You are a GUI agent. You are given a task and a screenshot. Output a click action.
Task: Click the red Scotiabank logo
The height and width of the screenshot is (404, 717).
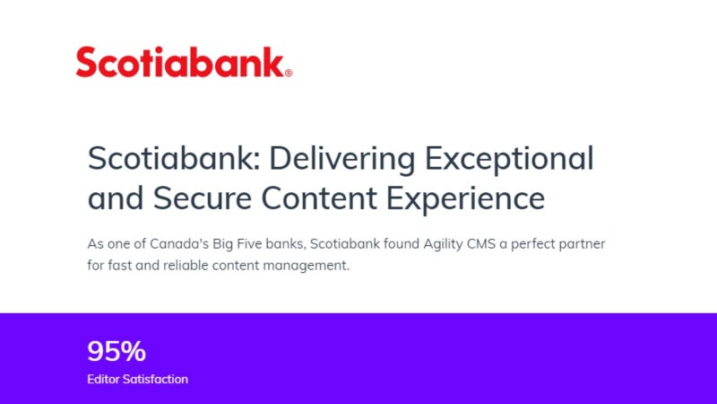coord(184,62)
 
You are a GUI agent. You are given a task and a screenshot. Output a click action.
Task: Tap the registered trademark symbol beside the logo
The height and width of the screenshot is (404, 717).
coord(289,73)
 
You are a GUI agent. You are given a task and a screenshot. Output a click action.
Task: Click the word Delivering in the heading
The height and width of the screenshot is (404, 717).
coord(341,159)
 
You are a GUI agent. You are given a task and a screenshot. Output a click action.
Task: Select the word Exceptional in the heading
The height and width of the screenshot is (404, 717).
coord(509,159)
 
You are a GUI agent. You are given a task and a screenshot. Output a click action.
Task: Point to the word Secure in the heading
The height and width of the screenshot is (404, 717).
coord(203,198)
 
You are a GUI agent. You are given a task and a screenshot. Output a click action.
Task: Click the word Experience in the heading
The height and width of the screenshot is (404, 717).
coord(465,199)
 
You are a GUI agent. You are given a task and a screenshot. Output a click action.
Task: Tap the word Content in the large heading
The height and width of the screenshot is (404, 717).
coord(319,198)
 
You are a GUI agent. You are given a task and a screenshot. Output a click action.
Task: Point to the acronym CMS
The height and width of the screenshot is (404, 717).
coord(481,243)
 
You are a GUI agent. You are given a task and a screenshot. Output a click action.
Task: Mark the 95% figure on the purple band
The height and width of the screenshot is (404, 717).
coord(117,351)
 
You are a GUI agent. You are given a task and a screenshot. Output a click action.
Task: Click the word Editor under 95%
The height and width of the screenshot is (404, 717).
coord(103,379)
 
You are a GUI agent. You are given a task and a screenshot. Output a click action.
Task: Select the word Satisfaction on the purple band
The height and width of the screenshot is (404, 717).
coord(155,379)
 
